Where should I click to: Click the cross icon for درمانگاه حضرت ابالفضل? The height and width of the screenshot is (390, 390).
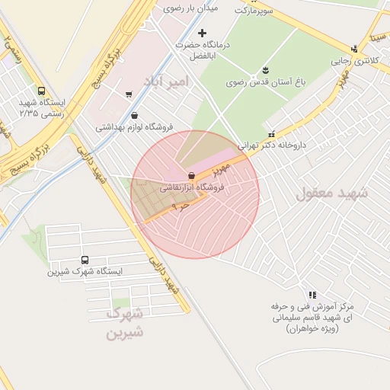(202, 33)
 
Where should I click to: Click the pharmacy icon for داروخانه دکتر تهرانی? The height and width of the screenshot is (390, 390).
(272, 133)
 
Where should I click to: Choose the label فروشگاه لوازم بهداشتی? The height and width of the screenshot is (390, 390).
(134, 127)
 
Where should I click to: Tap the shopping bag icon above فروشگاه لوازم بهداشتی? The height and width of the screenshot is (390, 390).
(134, 116)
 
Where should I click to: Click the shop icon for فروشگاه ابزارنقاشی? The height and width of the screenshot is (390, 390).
(190, 175)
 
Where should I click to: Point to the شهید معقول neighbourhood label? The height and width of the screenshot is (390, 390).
(331, 193)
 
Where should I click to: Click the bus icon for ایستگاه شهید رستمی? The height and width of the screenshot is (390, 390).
(41, 90)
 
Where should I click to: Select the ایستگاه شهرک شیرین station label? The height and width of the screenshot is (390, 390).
(84, 270)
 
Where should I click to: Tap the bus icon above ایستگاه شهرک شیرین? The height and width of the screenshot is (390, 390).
(84, 259)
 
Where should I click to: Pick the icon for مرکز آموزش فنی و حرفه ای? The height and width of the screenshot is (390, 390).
(312, 294)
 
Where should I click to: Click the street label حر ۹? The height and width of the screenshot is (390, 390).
(181, 205)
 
